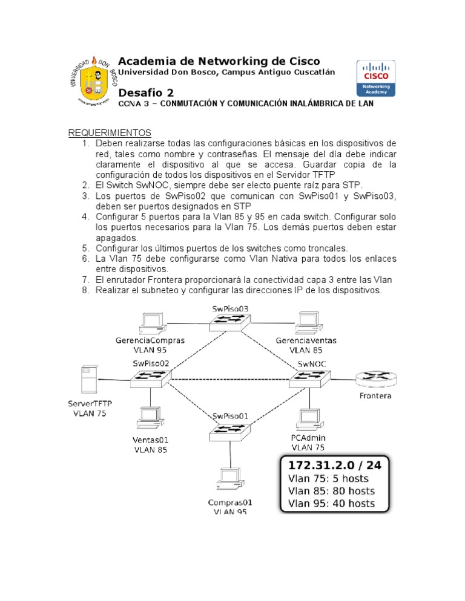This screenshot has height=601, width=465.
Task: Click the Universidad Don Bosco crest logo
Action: coord(92,83)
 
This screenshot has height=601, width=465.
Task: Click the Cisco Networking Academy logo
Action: coord(376,78)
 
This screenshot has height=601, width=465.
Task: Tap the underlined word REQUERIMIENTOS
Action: coord(109,133)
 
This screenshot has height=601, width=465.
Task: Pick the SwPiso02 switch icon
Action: coord(150,378)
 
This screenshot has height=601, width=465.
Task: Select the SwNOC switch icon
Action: coord(310,378)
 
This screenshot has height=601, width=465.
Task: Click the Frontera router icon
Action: coord(376,378)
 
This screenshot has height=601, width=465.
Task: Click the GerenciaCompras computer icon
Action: coord(150,323)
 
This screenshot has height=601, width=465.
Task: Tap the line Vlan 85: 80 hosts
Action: coord(331,491)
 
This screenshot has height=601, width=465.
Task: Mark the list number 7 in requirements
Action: coord(85,279)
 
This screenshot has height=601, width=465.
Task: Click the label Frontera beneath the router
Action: coord(376,396)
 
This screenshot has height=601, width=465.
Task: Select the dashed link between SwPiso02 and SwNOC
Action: coord(230,379)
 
